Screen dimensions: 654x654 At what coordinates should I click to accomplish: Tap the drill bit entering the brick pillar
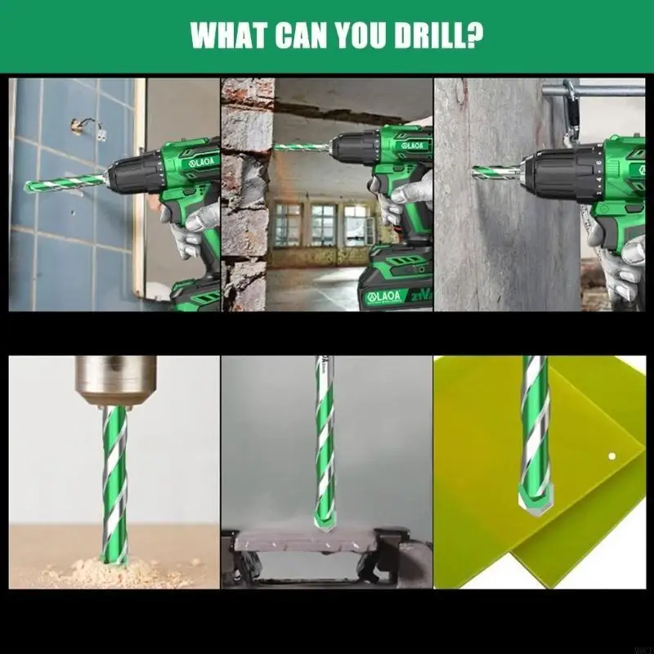[x=302, y=147]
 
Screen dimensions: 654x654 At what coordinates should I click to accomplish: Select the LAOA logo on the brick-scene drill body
[x=413, y=145]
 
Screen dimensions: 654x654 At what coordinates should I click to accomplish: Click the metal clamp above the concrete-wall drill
[x=572, y=90]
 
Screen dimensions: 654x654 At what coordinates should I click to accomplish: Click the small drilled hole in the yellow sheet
[x=611, y=454]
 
